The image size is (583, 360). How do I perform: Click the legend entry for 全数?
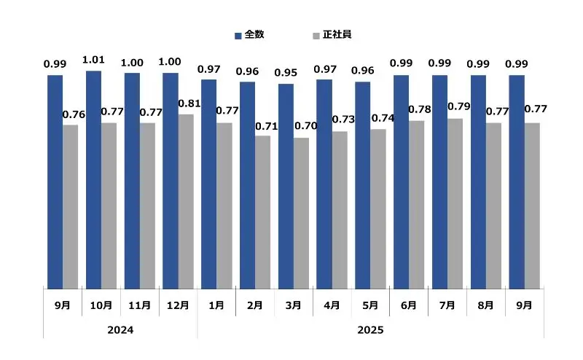(249, 35)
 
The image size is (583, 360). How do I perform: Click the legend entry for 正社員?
(332, 35)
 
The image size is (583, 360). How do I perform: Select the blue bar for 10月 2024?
(93, 179)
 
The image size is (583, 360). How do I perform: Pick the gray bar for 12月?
(186, 201)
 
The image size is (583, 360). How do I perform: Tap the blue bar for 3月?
(286, 186)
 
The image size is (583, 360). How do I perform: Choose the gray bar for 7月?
(455, 203)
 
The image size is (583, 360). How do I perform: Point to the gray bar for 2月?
(262, 212)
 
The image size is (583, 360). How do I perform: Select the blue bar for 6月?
(401, 181)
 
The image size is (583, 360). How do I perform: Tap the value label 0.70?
(305, 126)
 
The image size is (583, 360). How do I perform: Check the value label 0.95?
(286, 73)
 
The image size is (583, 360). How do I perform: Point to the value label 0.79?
(459, 107)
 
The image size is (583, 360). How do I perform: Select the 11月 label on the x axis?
(139, 305)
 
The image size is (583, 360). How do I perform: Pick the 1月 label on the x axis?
(216, 305)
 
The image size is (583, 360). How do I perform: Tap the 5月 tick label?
(371, 305)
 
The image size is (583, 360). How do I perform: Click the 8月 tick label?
(486, 305)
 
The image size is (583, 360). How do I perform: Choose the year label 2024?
(120, 330)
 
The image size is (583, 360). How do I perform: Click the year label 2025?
(370, 330)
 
